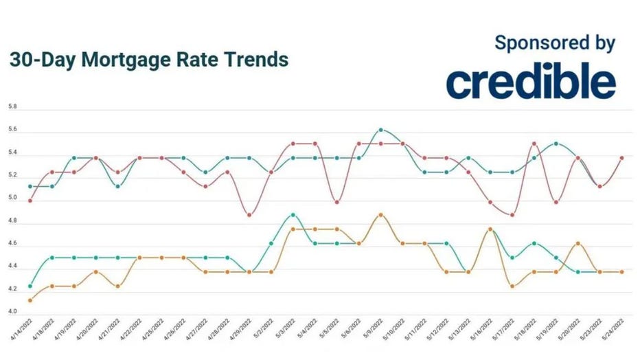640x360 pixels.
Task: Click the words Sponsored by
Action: [554, 43]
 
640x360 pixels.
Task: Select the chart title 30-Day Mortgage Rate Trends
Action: [149, 60]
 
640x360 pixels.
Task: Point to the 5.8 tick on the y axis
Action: [12, 108]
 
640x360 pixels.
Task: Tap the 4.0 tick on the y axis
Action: [12, 312]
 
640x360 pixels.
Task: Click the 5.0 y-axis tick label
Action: [12, 199]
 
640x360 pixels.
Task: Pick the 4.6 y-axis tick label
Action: [12, 244]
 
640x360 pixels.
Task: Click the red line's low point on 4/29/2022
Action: [249, 215]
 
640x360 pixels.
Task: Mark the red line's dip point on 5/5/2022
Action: [336, 202]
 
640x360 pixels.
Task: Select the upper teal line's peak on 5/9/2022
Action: [380, 129]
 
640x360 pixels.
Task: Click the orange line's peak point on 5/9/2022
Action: [380, 215]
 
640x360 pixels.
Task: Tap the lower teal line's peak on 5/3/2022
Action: [293, 215]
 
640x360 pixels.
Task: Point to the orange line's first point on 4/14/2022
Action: [30, 300]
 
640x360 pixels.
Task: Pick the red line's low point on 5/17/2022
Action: [512, 215]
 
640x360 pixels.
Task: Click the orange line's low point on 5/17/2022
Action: [512, 286]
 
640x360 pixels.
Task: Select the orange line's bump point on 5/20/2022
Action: [578, 243]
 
